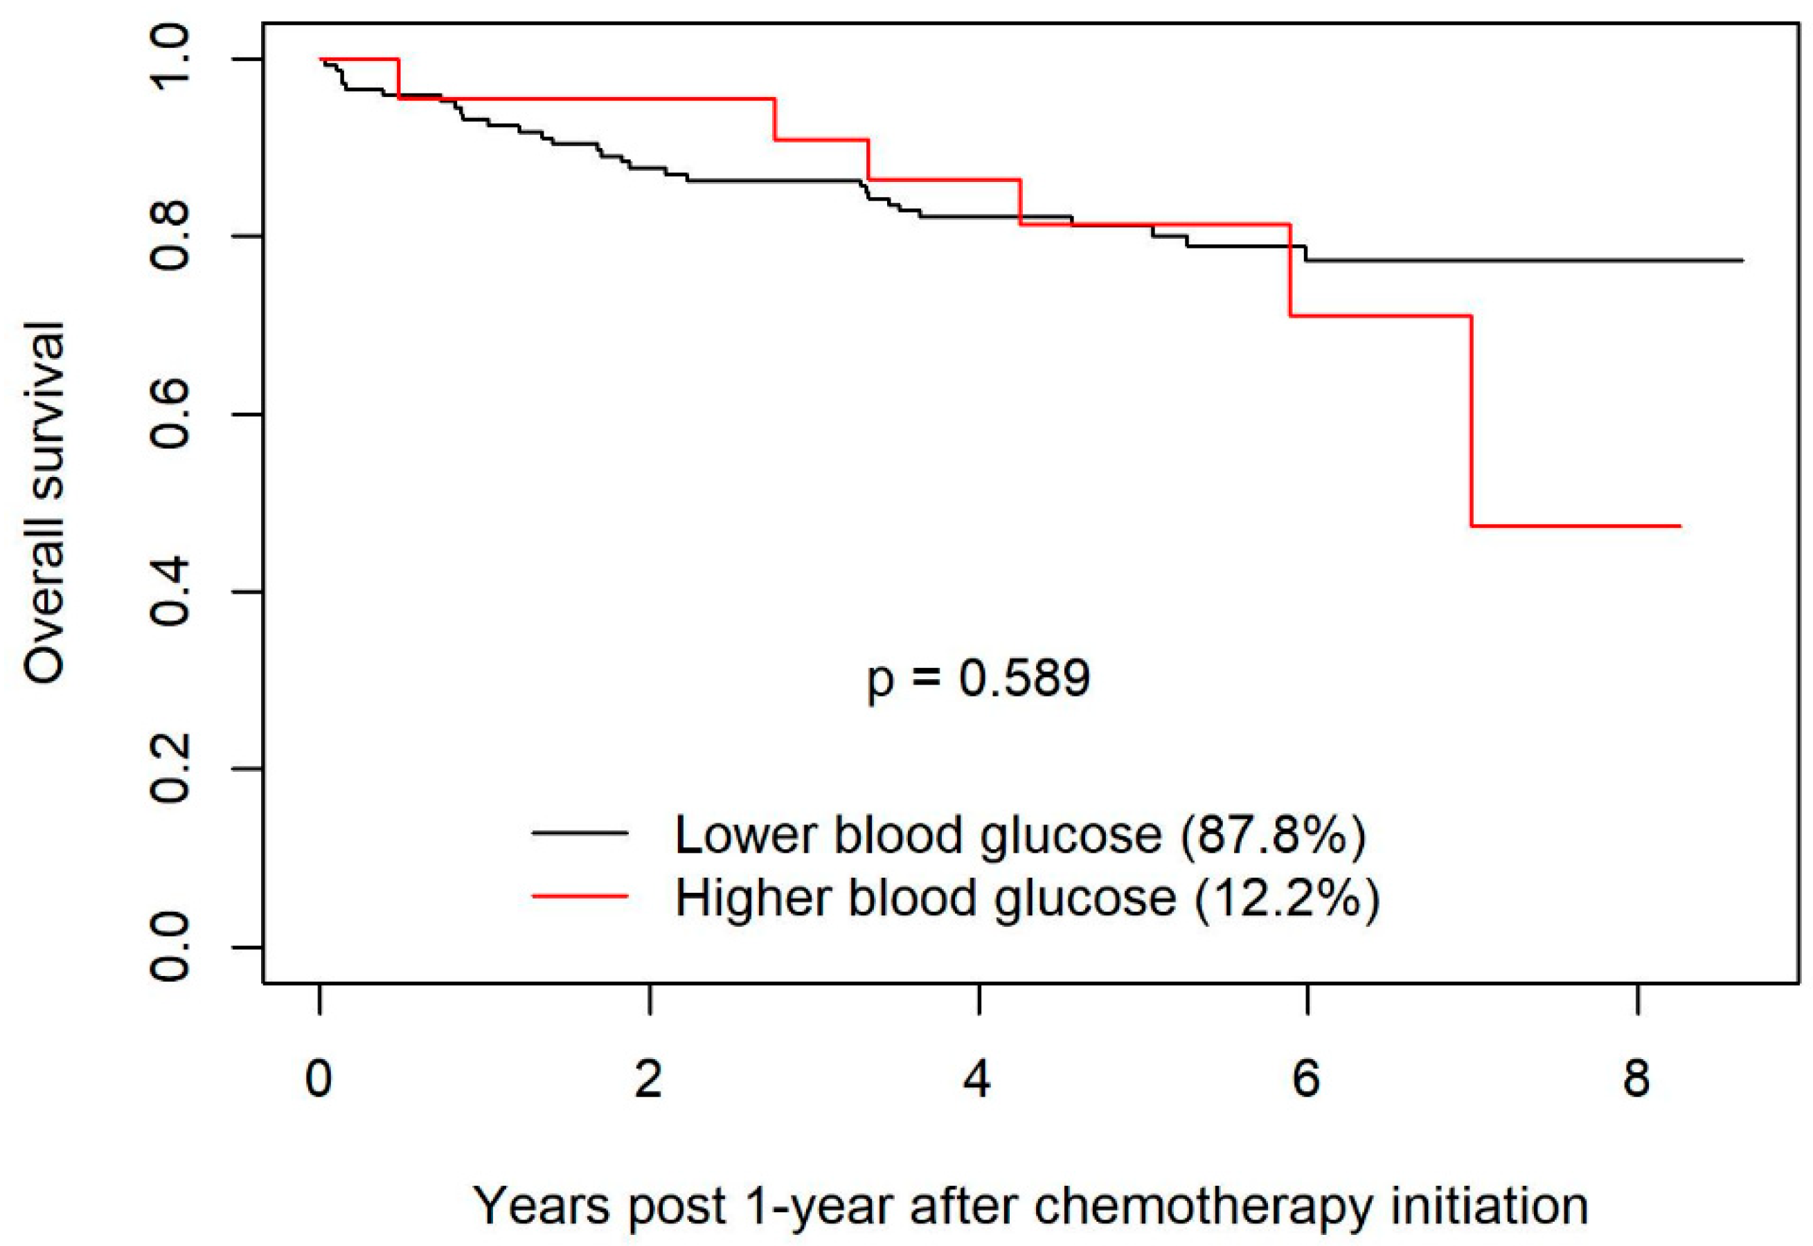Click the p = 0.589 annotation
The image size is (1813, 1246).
(x=978, y=678)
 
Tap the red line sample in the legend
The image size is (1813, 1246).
(x=580, y=896)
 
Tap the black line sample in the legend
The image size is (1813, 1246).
(x=580, y=833)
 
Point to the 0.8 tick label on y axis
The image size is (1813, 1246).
(x=170, y=236)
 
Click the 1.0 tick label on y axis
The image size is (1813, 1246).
(x=170, y=59)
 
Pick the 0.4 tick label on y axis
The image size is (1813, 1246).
(x=170, y=592)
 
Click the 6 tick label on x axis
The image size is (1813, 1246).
(x=1306, y=1080)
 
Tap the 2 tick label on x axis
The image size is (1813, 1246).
(x=649, y=1080)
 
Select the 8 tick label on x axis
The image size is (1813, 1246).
(x=1636, y=1080)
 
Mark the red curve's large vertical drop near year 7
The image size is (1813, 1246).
(x=1471, y=422)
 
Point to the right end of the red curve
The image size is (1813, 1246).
(x=1679, y=526)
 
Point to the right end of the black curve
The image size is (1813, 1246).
(x=1741, y=260)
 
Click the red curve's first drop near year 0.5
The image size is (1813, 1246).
(x=399, y=78)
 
